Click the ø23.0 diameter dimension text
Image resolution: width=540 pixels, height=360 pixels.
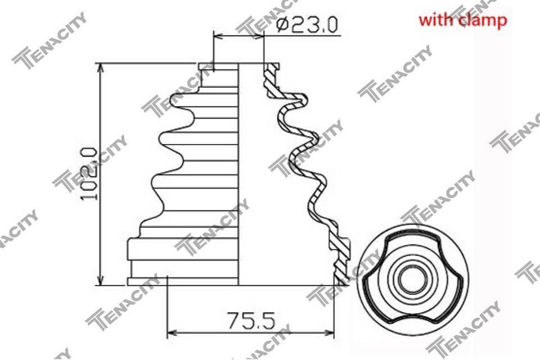(x=308, y=25)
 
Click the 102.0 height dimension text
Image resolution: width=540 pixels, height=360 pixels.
(x=88, y=174)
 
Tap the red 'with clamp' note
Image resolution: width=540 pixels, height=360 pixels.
(x=462, y=20)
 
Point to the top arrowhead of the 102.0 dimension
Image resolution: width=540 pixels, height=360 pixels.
(x=101, y=68)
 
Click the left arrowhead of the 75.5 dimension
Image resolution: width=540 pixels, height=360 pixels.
(x=172, y=333)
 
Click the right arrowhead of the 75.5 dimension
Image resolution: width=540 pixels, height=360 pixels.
(x=329, y=333)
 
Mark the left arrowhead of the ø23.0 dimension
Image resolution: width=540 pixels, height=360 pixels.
(x=218, y=35)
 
